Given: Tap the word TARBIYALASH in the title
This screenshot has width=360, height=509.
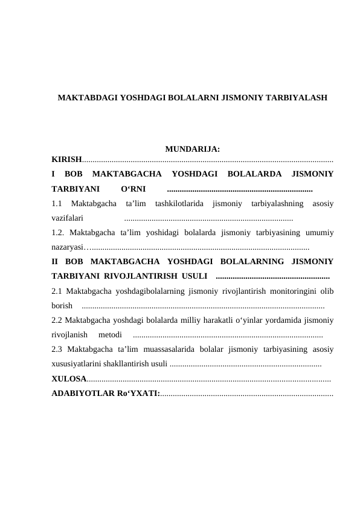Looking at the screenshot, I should [295, 97].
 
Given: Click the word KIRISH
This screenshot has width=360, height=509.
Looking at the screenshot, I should [66, 160].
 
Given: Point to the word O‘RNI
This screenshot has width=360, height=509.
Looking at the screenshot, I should [133, 188].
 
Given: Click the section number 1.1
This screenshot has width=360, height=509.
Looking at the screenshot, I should [59, 203].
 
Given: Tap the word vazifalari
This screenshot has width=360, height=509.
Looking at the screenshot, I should [68, 217].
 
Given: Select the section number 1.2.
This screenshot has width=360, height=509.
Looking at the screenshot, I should [59, 232].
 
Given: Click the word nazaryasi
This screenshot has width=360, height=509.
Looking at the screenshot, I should [68, 247].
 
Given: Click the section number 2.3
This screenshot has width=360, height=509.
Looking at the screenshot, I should [58, 349].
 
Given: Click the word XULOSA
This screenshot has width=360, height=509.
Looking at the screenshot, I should [69, 379].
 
